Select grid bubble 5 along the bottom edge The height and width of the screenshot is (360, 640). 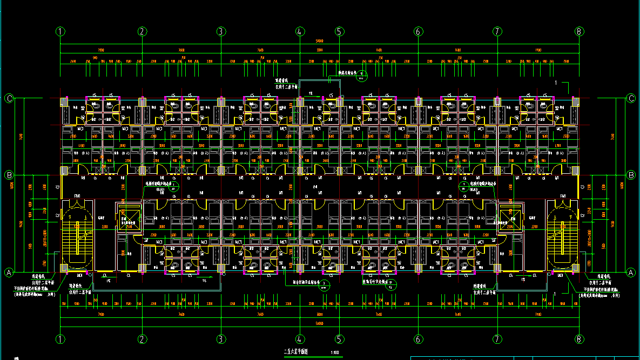[339, 339]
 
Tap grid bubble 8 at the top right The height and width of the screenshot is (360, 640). [579, 31]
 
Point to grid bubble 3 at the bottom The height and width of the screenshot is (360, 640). [220, 339]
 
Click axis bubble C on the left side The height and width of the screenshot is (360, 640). [9, 98]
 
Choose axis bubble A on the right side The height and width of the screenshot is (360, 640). [630, 273]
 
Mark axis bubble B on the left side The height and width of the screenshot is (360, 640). [9, 175]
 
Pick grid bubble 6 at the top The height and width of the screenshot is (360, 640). [418, 31]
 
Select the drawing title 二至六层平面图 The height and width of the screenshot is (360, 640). [295, 352]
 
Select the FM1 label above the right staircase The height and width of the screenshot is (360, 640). [563, 195]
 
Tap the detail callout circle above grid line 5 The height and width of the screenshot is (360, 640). [362, 76]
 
